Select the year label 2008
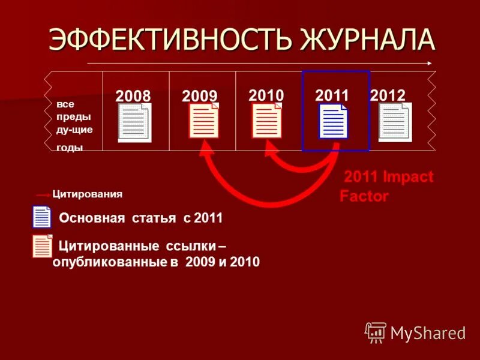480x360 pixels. click(x=133, y=96)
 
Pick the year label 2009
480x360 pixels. click(x=199, y=96)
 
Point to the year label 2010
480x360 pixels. click(x=266, y=95)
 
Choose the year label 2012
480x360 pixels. click(x=388, y=95)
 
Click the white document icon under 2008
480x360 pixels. click(x=134, y=122)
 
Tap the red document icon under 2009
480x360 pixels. click(x=204, y=121)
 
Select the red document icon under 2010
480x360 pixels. click(x=267, y=121)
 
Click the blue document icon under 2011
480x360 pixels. click(x=334, y=121)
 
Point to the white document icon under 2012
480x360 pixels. click(x=395, y=122)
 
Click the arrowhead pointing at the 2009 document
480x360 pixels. click(x=207, y=148)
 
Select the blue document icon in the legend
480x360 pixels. click(x=42, y=217)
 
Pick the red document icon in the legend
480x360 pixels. click(x=43, y=246)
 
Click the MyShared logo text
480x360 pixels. click(x=428, y=332)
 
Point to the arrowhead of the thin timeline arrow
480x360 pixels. click(x=429, y=62)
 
